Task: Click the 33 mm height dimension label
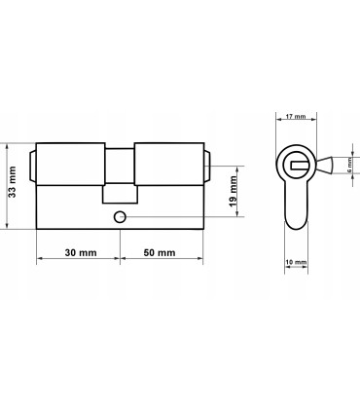[12, 182]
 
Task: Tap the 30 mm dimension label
[81, 252]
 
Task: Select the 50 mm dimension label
[160, 252]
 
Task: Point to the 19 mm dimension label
[234, 192]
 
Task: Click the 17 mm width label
[296, 116]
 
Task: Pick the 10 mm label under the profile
[296, 262]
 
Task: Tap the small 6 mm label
[349, 166]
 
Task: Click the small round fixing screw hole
[120, 217]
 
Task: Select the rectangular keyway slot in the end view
[299, 166]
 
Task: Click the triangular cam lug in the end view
[325, 166]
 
